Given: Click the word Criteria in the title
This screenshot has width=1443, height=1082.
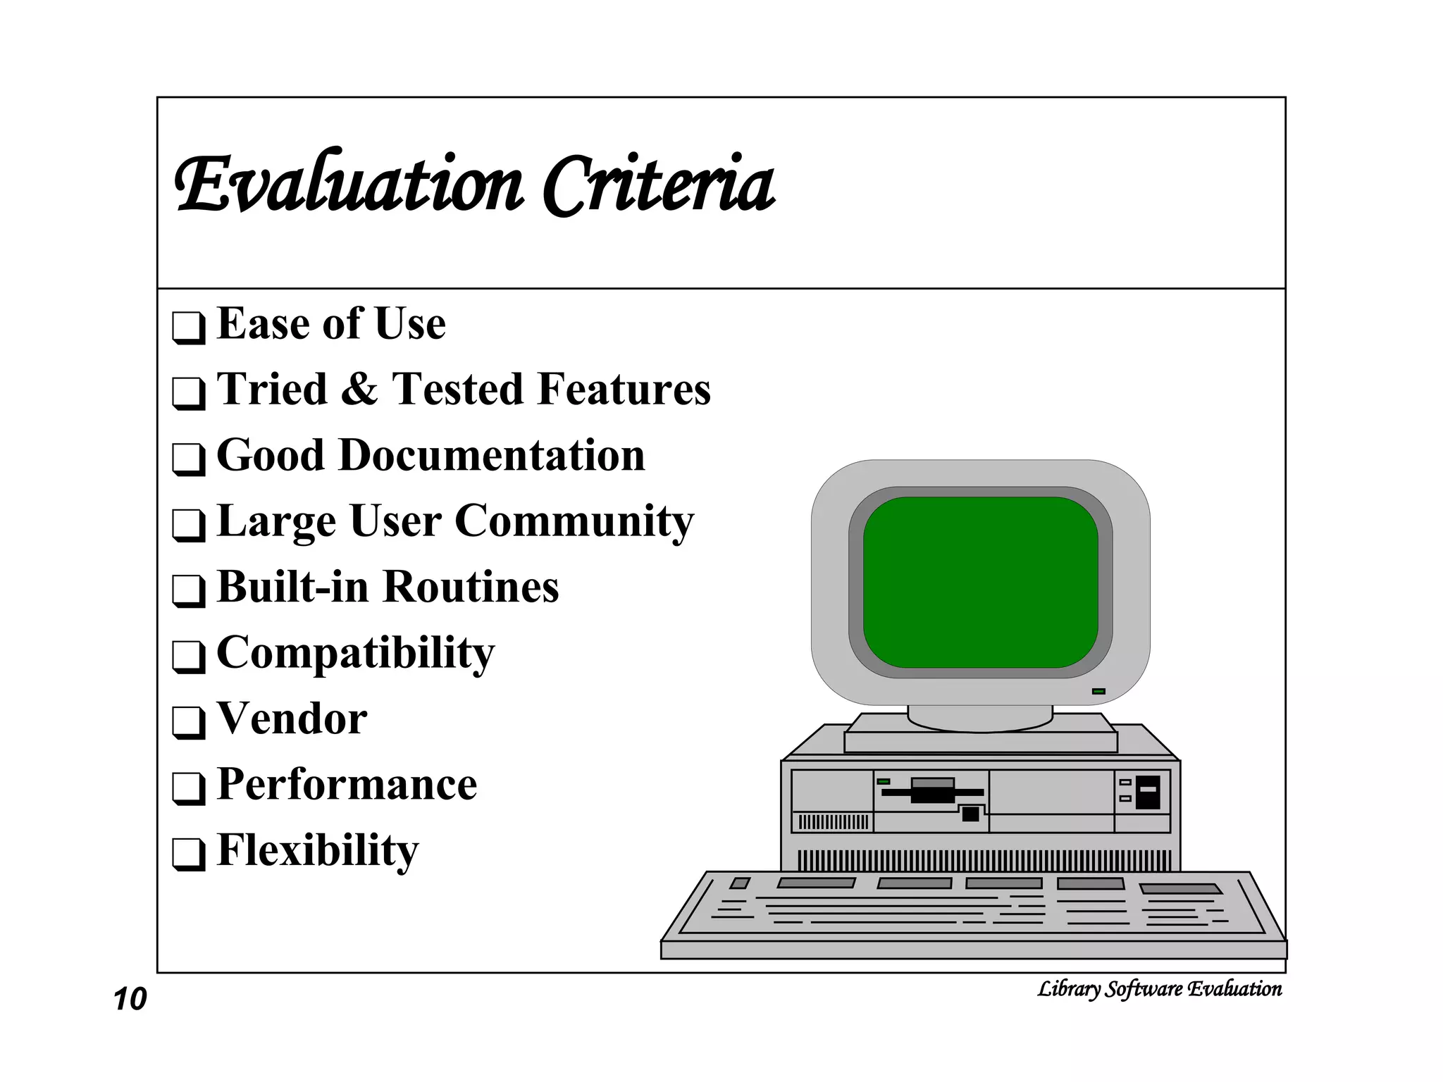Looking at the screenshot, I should coord(659,185).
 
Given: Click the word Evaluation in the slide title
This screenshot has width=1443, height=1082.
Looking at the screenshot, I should coord(349,185).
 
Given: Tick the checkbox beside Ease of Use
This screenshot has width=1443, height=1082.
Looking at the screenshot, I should coord(188,327).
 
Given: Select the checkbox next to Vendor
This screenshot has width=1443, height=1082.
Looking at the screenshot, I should coord(188,722).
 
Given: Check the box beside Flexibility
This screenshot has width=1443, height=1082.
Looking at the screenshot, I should coord(188,854).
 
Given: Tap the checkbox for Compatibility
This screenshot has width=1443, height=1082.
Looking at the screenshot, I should coord(188,657).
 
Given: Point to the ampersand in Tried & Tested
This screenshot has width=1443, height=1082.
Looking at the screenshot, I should coord(359,390).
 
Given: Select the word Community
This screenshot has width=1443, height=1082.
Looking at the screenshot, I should coord(574,522).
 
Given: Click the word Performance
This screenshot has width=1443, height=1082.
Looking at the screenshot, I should coord(347,784).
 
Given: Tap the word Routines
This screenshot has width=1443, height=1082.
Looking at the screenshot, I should coord(471,587).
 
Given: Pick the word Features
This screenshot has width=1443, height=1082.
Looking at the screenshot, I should coord(622,390).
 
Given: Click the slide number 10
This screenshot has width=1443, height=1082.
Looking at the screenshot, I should coord(130,1000).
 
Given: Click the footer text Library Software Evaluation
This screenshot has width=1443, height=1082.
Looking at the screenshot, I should coord(1159,989).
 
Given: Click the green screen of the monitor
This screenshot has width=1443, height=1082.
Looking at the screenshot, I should coord(980,582).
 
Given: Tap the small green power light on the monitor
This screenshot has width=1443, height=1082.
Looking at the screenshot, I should coord(1098,692).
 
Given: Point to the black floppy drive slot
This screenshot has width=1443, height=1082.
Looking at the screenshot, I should coord(932,791).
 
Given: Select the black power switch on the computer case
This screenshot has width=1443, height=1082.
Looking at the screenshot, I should coord(1148,792).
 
